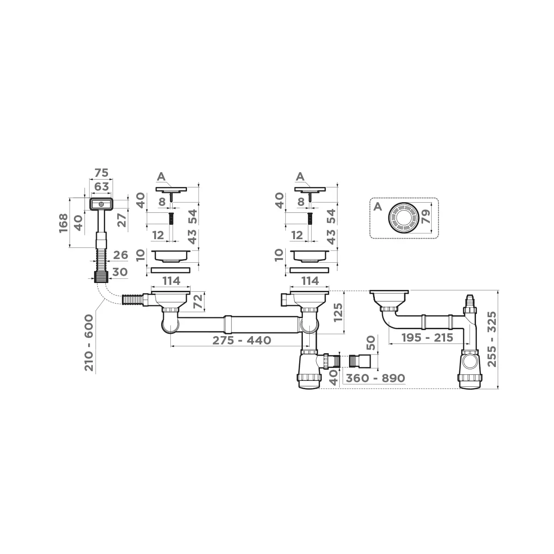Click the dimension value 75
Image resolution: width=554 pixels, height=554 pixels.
tap(101, 173)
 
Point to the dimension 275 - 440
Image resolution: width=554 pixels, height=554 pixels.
tap(241, 340)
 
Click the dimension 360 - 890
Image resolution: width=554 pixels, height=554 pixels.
tap(375, 378)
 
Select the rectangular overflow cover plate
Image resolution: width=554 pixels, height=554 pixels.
tap(101, 203)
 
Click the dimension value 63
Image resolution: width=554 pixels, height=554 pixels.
tap(101, 187)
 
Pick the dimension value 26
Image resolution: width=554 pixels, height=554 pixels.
tap(120, 255)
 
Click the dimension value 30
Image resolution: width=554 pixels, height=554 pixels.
tap(120, 272)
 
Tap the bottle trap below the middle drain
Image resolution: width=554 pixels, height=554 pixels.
tap(309, 369)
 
